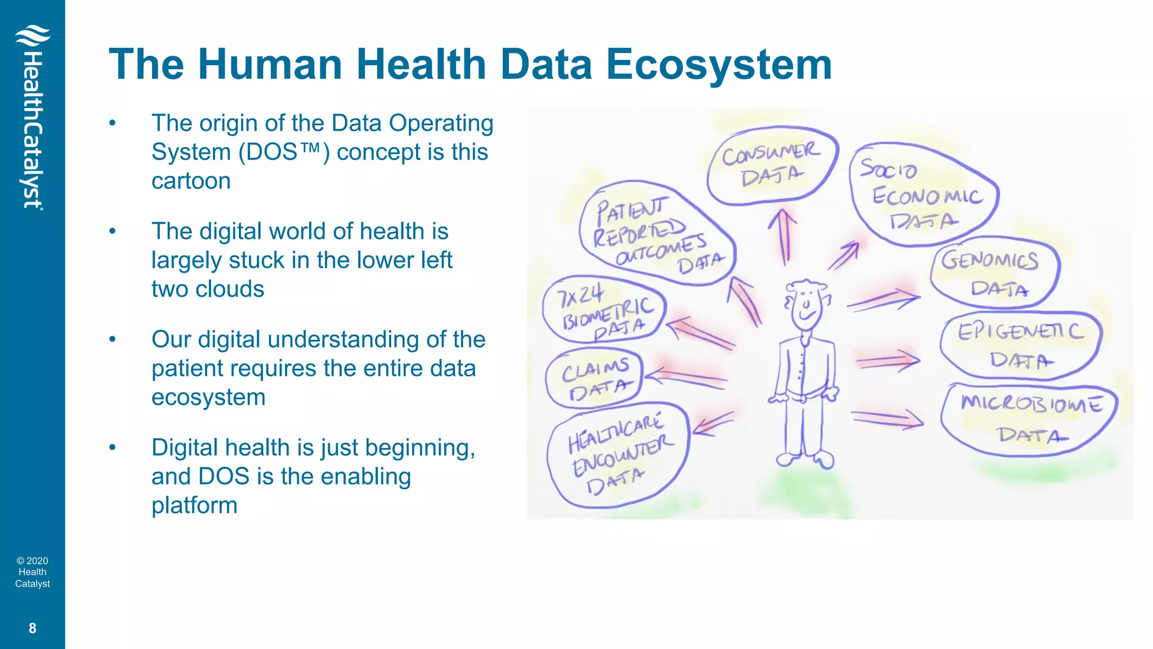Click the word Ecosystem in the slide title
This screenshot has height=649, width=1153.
click(718, 64)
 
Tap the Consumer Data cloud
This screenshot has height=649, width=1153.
click(771, 165)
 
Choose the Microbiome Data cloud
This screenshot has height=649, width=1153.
click(1029, 419)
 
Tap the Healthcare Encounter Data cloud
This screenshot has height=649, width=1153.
click(618, 454)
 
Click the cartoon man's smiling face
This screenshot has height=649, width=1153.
click(806, 306)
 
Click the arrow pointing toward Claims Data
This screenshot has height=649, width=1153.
click(684, 377)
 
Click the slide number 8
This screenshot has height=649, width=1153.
click(32, 628)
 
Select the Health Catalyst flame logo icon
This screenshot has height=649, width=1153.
click(32, 36)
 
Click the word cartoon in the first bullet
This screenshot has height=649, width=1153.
click(191, 181)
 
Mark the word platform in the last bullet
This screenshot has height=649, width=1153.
click(194, 505)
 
